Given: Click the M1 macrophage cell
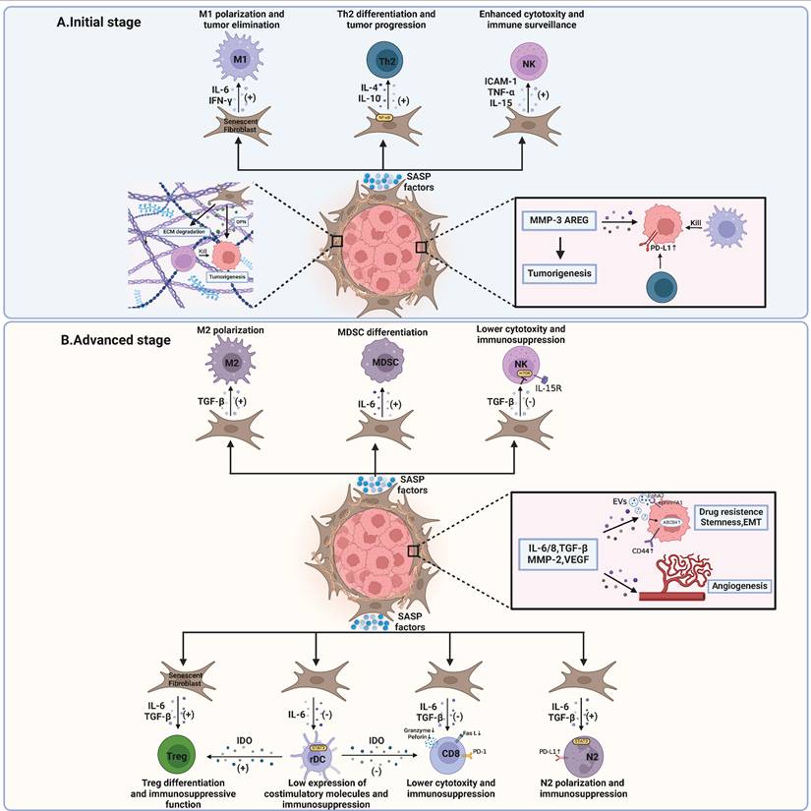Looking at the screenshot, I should click(x=238, y=61).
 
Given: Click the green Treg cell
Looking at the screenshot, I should click(x=178, y=755).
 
